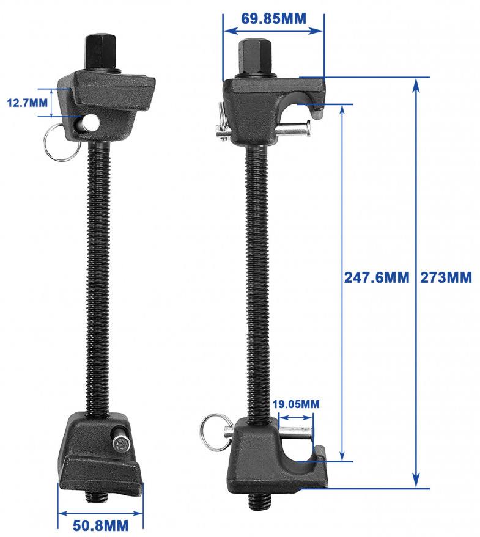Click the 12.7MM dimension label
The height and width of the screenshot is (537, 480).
[x=26, y=102]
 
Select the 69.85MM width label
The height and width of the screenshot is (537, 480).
[x=273, y=18]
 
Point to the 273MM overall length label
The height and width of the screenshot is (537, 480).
[x=446, y=278]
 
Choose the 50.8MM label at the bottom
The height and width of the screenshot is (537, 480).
[x=100, y=524]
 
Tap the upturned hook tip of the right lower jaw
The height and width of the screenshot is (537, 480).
[x=319, y=453]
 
